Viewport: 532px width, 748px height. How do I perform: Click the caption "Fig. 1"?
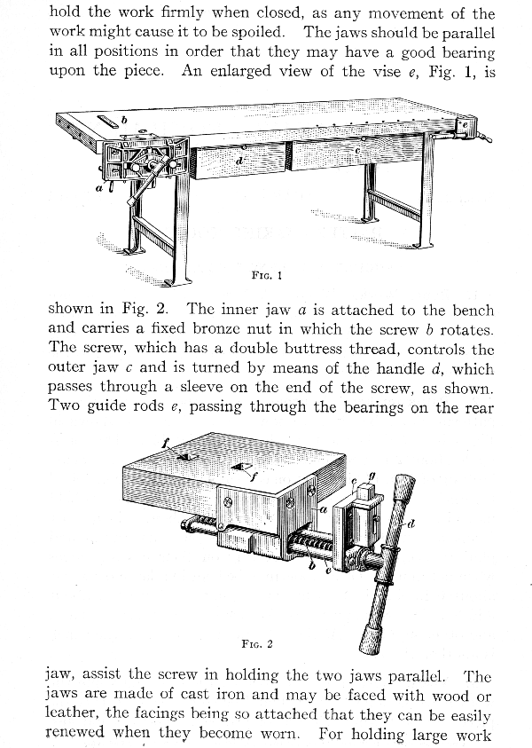(266, 275)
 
